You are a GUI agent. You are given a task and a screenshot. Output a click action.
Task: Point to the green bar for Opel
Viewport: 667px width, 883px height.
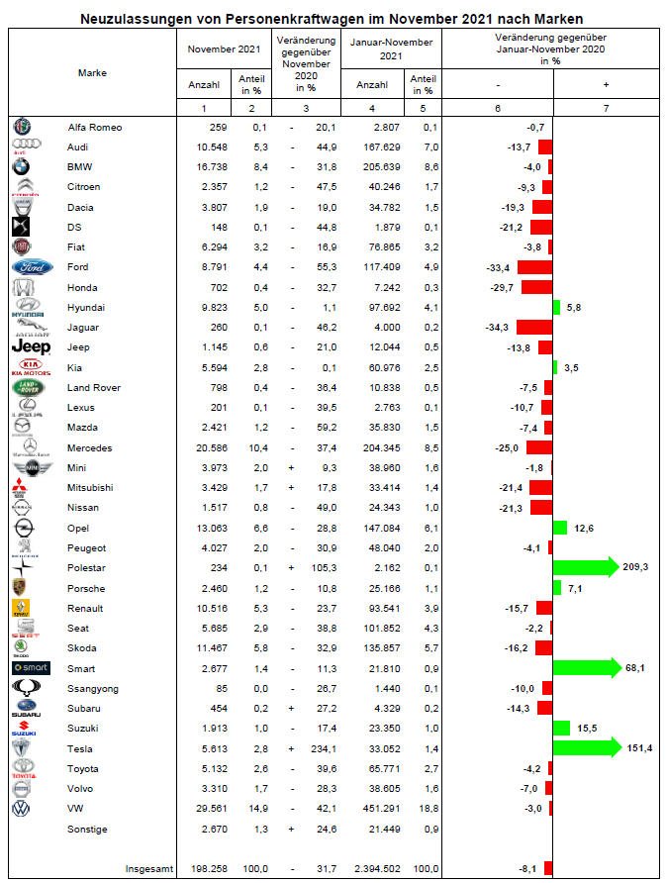(559, 528)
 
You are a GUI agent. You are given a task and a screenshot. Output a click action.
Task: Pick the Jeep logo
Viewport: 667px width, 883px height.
(29, 346)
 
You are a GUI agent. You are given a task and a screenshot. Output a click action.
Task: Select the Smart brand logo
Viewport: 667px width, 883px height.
(26, 668)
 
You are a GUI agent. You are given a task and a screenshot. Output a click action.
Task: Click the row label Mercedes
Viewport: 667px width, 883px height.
(88, 447)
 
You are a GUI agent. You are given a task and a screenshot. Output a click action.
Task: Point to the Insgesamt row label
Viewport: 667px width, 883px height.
(147, 868)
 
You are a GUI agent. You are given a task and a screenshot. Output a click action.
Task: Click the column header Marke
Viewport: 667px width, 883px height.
(92, 72)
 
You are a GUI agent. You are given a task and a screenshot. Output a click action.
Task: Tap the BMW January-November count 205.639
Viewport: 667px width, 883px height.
(379, 166)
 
